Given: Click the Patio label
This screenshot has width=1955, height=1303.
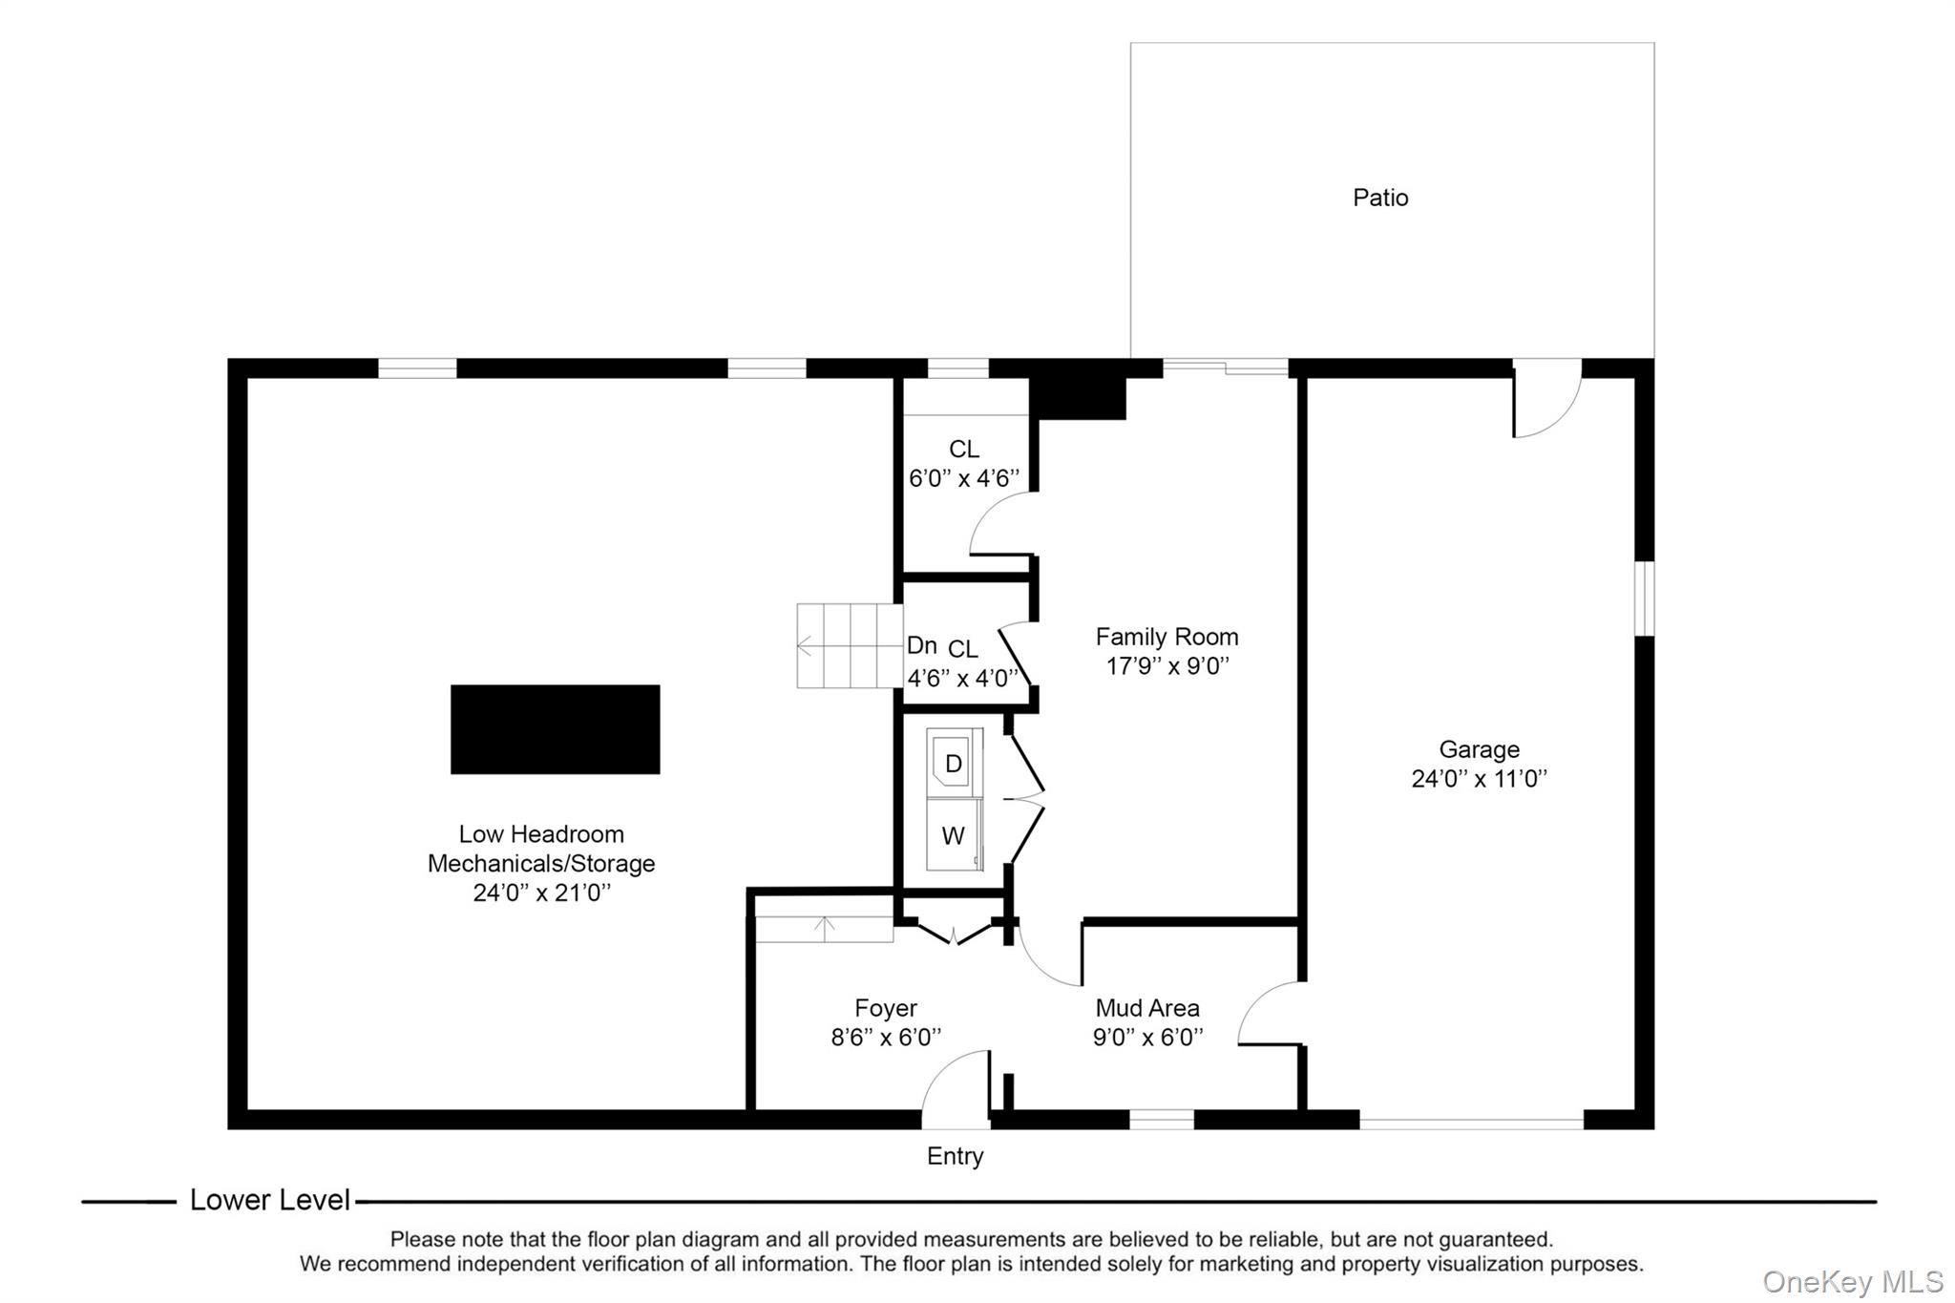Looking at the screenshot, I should [1380, 198].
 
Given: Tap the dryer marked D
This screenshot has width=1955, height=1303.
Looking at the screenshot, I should [953, 763].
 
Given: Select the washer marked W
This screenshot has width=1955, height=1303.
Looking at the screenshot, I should [953, 836].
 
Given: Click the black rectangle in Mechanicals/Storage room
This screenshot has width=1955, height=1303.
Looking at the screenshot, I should [555, 728].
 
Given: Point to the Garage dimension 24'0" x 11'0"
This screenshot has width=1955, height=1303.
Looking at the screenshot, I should [1479, 779].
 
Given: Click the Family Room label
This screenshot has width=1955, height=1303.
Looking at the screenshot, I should [1167, 637].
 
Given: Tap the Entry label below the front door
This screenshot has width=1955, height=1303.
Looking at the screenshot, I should [955, 1156].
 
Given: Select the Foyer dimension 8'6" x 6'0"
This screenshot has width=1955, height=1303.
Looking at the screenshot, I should [886, 1038].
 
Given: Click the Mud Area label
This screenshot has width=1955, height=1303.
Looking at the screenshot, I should [1147, 1008].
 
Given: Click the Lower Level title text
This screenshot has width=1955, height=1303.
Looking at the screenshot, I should [270, 1200].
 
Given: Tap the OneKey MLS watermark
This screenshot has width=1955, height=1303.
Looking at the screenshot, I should [1852, 1281].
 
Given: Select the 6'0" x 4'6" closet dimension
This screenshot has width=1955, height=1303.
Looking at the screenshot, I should [964, 478].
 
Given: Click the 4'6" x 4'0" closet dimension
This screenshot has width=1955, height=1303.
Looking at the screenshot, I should [962, 679].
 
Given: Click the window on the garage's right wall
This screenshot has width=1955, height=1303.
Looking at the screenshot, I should [1644, 599].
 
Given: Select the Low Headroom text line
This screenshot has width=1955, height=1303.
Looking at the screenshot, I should [541, 834].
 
